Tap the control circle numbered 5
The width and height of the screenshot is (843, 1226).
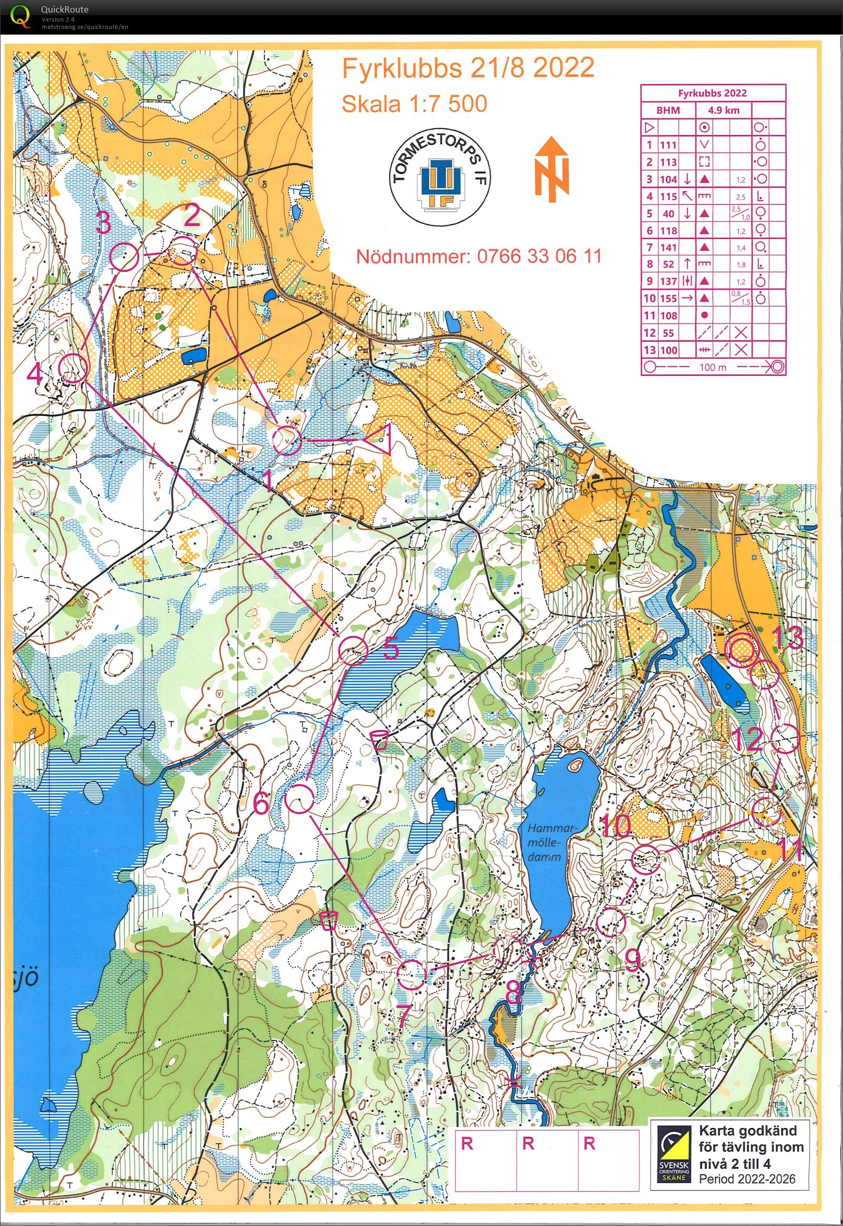pyautogui.click(x=353, y=650)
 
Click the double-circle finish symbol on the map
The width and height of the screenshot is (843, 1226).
pyautogui.click(x=740, y=650)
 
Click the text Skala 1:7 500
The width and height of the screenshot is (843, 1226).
pyautogui.click(x=414, y=104)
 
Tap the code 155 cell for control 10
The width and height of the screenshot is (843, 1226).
pyautogui.click(x=669, y=298)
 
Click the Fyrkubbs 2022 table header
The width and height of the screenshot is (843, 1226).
pyautogui.click(x=712, y=93)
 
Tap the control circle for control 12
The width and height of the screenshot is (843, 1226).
pyautogui.click(x=784, y=739)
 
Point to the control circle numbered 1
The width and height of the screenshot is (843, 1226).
pyautogui.click(x=287, y=439)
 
